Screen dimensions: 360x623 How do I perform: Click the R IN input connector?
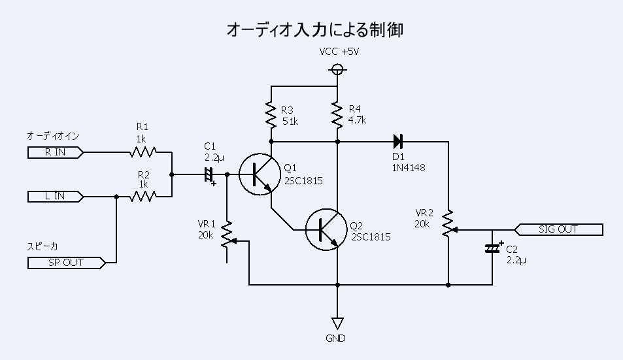[55, 153]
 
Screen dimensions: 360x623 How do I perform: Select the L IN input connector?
[55, 197]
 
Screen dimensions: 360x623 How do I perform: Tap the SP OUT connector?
[66, 263]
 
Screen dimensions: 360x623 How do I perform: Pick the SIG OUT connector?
[560, 229]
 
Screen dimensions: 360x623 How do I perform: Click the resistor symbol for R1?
[143, 153]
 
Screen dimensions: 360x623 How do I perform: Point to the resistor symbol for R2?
[143, 197]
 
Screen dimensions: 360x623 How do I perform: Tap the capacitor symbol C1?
[209, 174]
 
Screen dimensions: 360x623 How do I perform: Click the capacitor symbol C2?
[492, 249]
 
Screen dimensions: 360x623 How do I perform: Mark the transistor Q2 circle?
[324, 229]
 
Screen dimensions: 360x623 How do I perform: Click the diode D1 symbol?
[397, 141]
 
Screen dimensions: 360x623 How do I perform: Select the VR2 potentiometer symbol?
[448, 224]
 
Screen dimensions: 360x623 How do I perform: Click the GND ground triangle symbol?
[337, 323]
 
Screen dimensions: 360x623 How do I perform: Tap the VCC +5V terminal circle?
[337, 69]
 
